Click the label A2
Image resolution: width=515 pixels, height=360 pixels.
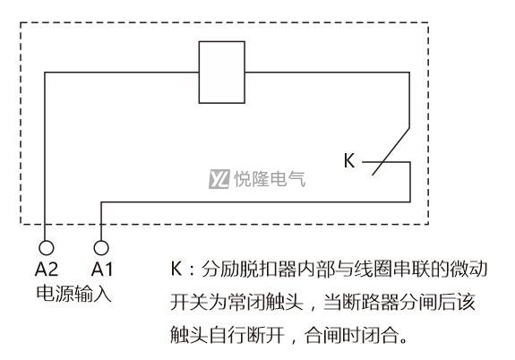coord(47,270)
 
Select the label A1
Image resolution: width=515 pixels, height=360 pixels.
coord(102,270)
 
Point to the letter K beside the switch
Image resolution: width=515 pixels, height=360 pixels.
coord(349,160)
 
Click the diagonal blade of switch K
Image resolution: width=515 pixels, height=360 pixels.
coord(391,151)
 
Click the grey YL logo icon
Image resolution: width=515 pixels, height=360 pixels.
coord(219,179)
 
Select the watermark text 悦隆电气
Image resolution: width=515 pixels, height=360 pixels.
coord(270,179)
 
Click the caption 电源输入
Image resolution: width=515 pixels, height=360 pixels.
coord(74,293)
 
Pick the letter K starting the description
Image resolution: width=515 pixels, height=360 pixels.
coord(176,269)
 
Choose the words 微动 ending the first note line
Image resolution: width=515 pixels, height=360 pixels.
coord(468,269)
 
